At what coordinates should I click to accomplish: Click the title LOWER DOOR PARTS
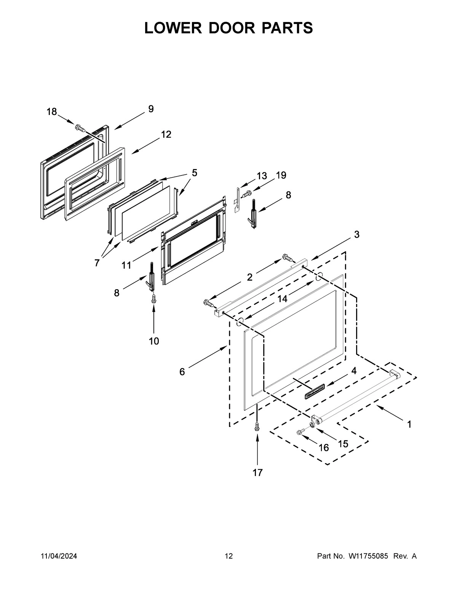tap(228, 28)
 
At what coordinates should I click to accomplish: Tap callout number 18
tap(52, 112)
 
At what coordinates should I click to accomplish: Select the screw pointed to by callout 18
tap(80, 127)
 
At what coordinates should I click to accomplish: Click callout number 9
tap(151, 109)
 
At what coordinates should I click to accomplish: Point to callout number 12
tap(166, 134)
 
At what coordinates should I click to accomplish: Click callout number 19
tap(281, 175)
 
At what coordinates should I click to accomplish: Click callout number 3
tap(356, 234)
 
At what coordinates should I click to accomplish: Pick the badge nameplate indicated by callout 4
tap(314, 392)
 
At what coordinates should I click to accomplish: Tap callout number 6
tap(182, 372)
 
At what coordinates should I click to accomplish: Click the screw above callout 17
tap(258, 426)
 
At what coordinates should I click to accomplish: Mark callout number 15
tap(343, 444)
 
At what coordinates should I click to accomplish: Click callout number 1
tap(409, 424)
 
